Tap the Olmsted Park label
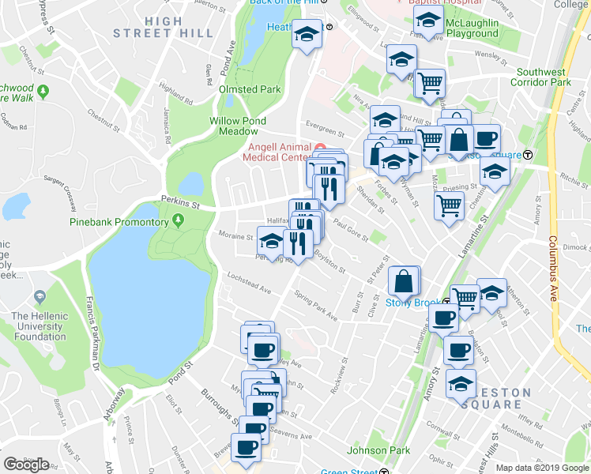(250, 90)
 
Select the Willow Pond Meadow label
(235, 126)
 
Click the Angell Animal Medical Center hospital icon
(319, 149)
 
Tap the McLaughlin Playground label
(472, 28)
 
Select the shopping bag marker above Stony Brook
(404, 281)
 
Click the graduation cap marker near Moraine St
(271, 241)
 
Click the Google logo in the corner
(26, 465)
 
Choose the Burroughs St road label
(213, 402)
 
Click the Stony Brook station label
(412, 302)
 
